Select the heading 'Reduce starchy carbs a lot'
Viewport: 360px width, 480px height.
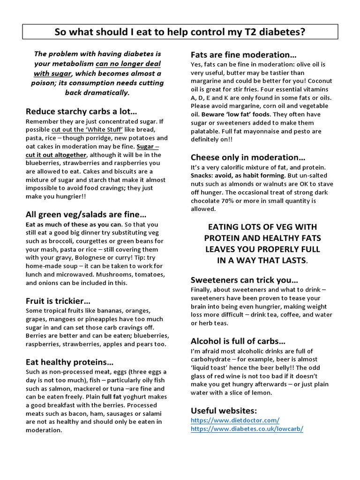coord(81,112)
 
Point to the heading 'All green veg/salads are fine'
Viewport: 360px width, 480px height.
coord(86,215)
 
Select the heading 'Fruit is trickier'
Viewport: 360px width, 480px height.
coord(58,300)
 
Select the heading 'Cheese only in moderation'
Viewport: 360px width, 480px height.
coord(248,157)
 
